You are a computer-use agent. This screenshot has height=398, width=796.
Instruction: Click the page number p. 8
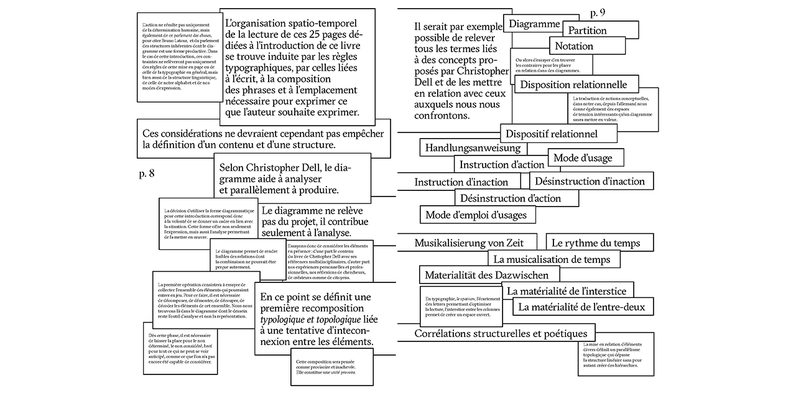click(x=147, y=174)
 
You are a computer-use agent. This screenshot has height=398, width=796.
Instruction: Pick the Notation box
click(x=574, y=46)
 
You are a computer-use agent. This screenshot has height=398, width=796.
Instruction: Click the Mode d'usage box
click(x=583, y=158)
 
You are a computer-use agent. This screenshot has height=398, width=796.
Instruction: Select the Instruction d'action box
click(x=502, y=165)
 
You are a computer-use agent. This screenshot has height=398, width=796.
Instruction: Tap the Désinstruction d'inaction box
click(x=591, y=182)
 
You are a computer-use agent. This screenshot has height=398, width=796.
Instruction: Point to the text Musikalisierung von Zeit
click(x=469, y=243)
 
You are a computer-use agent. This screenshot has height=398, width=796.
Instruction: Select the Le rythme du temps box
click(x=592, y=243)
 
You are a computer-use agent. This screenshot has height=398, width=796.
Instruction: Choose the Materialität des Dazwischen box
click(x=486, y=275)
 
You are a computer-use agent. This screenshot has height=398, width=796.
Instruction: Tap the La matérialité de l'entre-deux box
click(x=581, y=307)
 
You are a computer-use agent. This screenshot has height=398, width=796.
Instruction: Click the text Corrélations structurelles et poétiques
click(x=501, y=334)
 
